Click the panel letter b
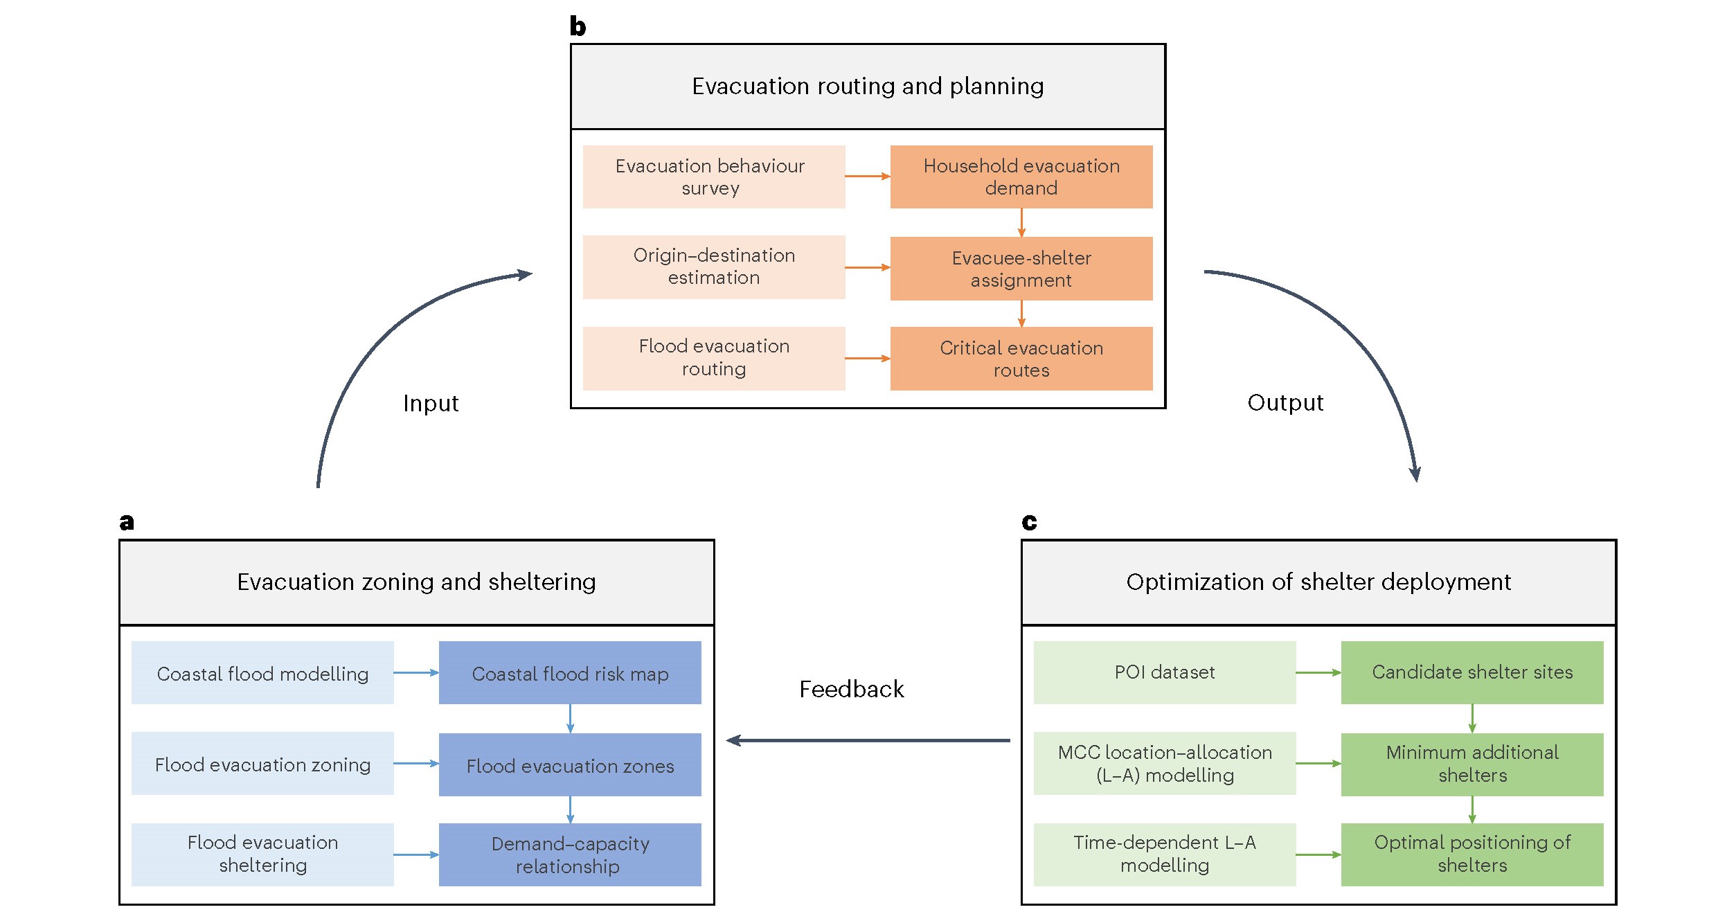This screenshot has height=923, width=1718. [578, 26]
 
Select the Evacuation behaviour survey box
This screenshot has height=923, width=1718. [713, 177]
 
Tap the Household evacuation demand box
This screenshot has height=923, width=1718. [1021, 177]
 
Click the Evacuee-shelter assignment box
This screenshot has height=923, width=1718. [1021, 269]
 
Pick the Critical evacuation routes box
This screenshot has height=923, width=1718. [1021, 359]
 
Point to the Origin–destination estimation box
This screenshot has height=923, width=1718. [713, 267]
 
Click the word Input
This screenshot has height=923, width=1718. [431, 403]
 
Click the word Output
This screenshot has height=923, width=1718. [1285, 402]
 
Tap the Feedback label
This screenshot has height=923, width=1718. [851, 689]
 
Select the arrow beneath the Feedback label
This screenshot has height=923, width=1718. [868, 740]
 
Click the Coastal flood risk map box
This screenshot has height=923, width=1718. [569, 673]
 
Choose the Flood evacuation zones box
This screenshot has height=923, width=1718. [569, 765]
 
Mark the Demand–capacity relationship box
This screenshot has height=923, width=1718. [569, 854]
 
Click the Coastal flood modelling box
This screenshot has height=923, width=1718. [262, 673]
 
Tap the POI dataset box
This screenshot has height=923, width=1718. [1164, 672]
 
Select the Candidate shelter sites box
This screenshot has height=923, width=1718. [1471, 672]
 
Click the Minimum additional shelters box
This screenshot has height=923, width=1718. [1471, 764]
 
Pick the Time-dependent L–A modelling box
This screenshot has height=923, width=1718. [1164, 854]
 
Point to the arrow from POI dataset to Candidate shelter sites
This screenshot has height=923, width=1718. [1318, 672]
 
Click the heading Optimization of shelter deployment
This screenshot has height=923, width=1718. [1318, 582]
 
